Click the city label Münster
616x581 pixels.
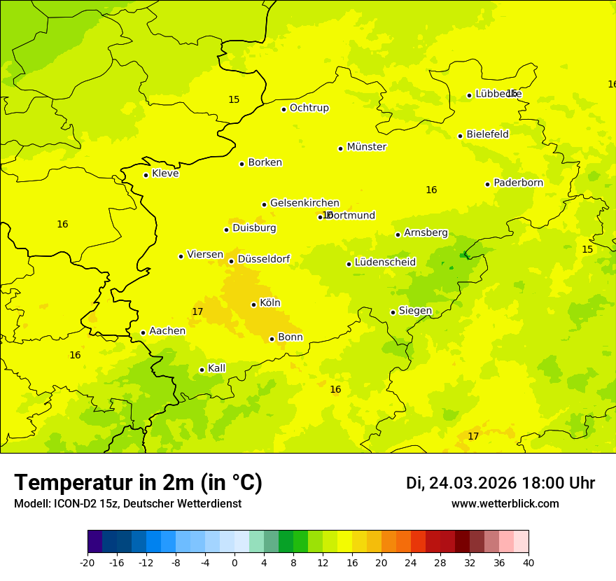pyautogui.click(x=366, y=147)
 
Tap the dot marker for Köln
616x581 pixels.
pyautogui.click(x=253, y=304)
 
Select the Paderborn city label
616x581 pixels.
pyautogui.click(x=518, y=183)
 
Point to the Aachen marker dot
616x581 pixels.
pyautogui.click(x=143, y=332)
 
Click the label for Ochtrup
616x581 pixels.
pyautogui.click(x=309, y=108)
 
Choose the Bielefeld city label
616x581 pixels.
pyautogui.click(x=487, y=134)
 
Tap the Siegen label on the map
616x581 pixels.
pyautogui.click(x=415, y=311)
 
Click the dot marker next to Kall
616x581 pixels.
pyautogui.click(x=202, y=370)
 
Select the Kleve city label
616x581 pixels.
pyautogui.click(x=165, y=174)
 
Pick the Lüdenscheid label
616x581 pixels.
pyautogui.click(x=385, y=262)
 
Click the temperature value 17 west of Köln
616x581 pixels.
pyautogui.click(x=197, y=311)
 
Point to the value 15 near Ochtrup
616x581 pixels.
pyautogui.click(x=234, y=99)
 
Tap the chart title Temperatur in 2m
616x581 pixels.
pyautogui.click(x=138, y=483)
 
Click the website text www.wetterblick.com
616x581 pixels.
pyautogui.click(x=505, y=504)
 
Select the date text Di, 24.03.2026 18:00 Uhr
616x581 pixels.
pyautogui.click(x=500, y=484)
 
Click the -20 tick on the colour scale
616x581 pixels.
pyautogui.click(x=87, y=563)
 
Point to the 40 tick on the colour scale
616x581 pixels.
pyautogui.click(x=528, y=563)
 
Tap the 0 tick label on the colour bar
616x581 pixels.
pyautogui.click(x=234, y=563)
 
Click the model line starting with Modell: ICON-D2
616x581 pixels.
pyautogui.click(x=127, y=504)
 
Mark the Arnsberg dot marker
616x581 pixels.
pyautogui.click(x=398, y=234)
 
